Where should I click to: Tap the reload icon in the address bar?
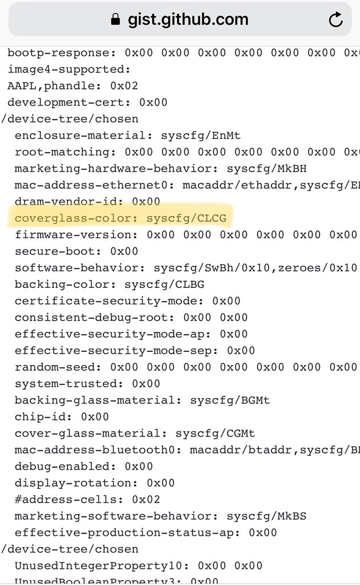point(335,19)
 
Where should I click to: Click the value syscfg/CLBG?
point(165,285)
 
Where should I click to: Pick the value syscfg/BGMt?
point(230,400)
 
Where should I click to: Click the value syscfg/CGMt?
point(215,434)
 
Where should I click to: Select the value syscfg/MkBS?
point(267,516)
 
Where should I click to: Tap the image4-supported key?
point(68,69)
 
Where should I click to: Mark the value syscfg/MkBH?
point(267,169)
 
